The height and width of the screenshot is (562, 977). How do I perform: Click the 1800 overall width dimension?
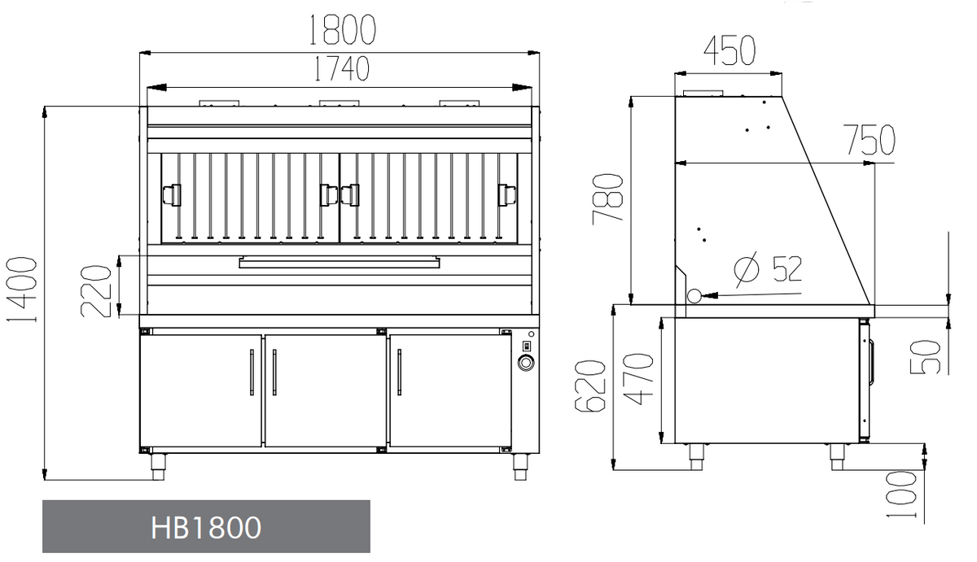point(342,30)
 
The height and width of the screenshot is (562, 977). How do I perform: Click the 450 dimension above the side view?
point(729,50)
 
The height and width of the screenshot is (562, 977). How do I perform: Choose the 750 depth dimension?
point(869,140)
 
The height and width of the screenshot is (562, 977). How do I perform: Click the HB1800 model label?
point(206,527)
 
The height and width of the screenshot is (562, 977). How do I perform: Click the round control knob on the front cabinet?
point(525,362)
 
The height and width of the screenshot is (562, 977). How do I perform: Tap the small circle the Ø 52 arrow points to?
point(694,295)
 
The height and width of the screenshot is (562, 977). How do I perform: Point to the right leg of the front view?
point(520,464)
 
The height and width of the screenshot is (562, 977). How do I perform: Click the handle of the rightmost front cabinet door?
point(399,372)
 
